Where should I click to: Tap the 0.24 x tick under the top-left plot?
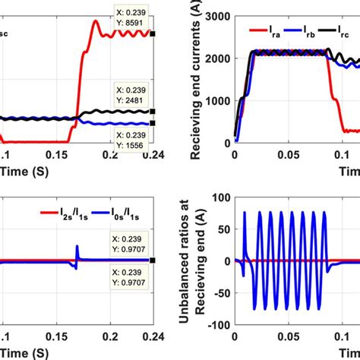coord(153,154)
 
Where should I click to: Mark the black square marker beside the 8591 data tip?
coord(153,34)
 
